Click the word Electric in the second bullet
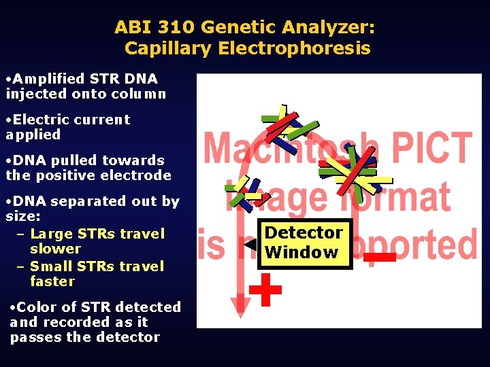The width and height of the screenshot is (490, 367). click(x=39, y=120)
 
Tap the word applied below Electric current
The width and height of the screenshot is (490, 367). click(x=33, y=135)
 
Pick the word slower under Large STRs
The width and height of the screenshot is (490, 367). click(x=56, y=249)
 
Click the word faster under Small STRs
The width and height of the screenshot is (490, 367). click(x=52, y=281)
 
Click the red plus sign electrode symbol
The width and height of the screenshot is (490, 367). click(x=265, y=290)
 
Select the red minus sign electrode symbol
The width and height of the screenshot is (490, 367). click(x=379, y=257)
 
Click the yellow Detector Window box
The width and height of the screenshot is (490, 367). click(x=304, y=243)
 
